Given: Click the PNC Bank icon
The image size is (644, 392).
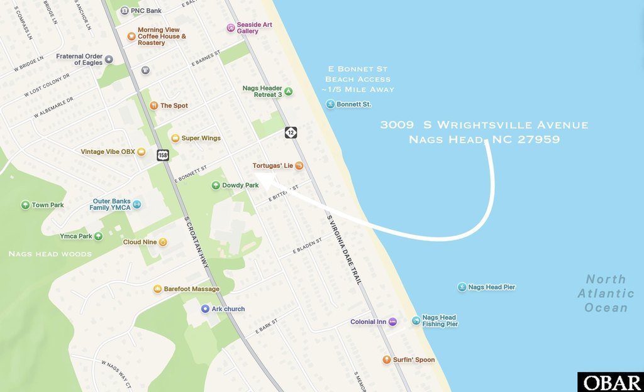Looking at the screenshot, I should pos(125,11).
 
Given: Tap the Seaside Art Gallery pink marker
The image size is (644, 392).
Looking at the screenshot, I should pos(231,28).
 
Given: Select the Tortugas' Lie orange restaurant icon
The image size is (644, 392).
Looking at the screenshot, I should pos(299,166).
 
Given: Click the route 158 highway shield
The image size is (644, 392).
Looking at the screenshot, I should pos(163,155).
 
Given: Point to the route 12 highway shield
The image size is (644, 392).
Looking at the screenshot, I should pos(291,132).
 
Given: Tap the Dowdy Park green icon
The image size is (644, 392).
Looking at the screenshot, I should pos(216,185).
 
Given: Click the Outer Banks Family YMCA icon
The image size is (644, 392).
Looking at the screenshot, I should pos(137,204).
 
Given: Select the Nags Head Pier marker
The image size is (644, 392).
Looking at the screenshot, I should pos(462,287).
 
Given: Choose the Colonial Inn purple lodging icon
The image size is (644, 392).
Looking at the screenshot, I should pos(392,322).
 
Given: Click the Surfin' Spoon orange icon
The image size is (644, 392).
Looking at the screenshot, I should pos(387,360).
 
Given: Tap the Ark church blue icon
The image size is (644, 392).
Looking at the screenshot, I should pos(205,309).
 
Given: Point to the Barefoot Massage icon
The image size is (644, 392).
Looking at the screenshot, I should pos(157,289).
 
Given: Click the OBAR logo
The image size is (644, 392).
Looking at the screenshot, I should pos(610,382).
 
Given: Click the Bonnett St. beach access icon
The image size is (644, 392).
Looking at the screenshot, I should pos(330,104).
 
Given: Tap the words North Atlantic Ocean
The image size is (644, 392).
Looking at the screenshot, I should pos(606,293).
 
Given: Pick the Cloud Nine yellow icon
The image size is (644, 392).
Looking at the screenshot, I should pos(163,242).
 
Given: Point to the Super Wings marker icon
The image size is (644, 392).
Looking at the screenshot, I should pos(175,138).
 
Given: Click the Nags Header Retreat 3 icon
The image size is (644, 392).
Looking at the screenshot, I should pos(289,91).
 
